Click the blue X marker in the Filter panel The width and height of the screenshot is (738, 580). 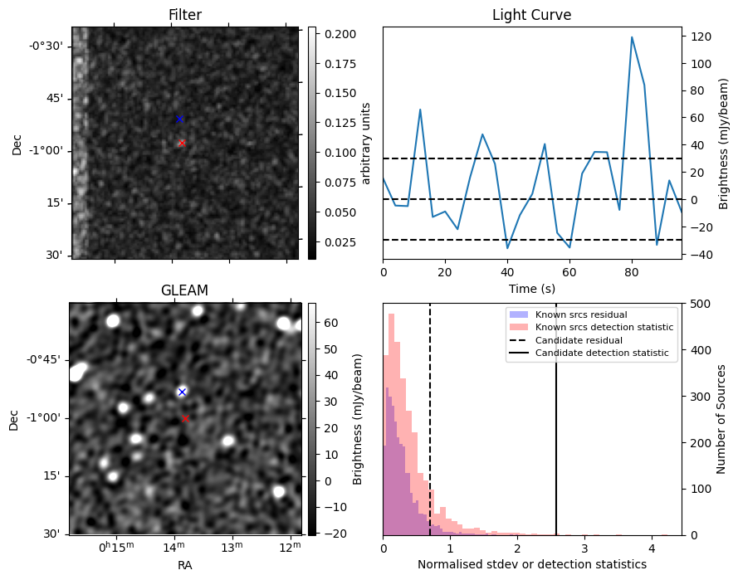point(178,119)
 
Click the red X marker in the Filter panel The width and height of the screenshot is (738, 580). point(182,143)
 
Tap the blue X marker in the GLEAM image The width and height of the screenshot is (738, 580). point(182,392)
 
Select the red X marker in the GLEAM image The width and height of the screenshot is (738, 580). point(185,418)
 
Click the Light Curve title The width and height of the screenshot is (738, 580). point(532,15)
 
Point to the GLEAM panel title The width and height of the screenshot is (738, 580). point(184,290)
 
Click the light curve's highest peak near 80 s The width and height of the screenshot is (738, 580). point(632,37)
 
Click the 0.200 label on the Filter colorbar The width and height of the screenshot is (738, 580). point(340,34)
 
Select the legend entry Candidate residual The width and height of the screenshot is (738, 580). point(579,340)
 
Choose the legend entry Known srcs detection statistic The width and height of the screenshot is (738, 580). point(604,327)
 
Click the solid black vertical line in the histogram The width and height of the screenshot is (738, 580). point(556,419)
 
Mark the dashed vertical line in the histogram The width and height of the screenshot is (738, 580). point(430,419)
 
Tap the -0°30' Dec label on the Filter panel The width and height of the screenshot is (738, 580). point(46,46)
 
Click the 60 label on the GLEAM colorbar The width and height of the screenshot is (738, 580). point(331,323)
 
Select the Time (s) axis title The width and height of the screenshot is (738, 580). point(532,289)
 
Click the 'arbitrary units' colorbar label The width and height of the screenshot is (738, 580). point(366,144)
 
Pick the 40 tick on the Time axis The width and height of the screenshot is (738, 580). point(507,272)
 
